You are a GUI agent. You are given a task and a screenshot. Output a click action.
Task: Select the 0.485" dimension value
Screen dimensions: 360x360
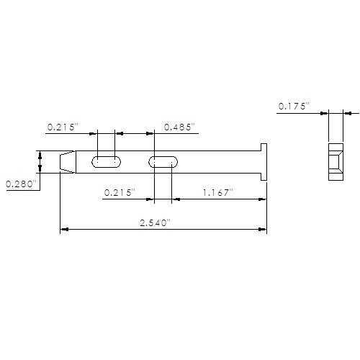[179, 127]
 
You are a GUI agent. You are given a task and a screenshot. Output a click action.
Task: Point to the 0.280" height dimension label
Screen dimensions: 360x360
[20, 184]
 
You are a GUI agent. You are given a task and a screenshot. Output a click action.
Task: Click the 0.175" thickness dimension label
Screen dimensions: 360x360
[294, 106]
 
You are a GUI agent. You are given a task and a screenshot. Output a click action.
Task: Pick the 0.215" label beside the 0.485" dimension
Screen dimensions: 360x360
[63, 127]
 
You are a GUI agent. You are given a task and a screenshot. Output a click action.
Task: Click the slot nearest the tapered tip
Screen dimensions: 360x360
[107, 162]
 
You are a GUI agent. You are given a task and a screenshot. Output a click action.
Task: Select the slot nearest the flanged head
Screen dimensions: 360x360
[164, 162]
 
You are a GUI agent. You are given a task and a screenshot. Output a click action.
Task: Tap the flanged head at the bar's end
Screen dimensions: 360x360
[264, 161]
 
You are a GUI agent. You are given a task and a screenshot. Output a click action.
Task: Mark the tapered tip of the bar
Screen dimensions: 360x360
[66, 162]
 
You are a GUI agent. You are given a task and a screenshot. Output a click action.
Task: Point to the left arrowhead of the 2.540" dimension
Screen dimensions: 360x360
[64, 230]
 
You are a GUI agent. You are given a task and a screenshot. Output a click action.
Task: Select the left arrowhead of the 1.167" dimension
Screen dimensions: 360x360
[176, 199]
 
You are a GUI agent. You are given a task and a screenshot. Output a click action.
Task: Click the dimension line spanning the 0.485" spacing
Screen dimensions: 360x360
[135, 133]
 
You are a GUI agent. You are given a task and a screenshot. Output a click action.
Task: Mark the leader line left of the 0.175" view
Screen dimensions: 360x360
[302, 112]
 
